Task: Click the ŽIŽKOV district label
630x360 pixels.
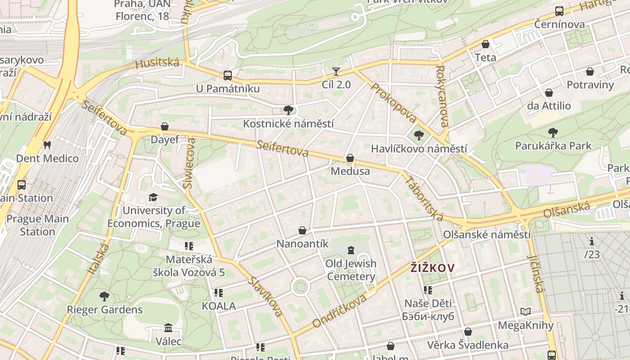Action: tap(432, 268)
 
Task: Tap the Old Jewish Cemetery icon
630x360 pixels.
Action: tap(351, 250)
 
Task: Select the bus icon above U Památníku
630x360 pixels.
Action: tap(228, 76)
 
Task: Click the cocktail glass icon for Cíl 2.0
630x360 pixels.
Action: tap(336, 71)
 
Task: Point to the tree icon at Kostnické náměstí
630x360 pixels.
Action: tap(288, 110)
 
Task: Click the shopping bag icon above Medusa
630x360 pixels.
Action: tap(350, 158)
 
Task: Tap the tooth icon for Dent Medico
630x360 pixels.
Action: tap(47, 145)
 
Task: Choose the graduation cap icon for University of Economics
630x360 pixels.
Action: tap(153, 197)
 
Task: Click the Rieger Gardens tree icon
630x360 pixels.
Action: tap(104, 296)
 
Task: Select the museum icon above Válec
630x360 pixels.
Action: tap(168, 328)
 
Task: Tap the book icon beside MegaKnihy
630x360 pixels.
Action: tap(525, 311)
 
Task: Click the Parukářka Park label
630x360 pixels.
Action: tap(553, 146)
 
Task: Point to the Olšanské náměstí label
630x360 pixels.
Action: tap(487, 234)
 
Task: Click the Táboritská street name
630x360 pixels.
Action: tap(424, 198)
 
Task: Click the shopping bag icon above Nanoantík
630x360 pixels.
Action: tap(302, 230)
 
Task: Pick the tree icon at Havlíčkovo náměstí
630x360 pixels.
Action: tap(419, 135)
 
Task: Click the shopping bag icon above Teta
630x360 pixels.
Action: tap(486, 44)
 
